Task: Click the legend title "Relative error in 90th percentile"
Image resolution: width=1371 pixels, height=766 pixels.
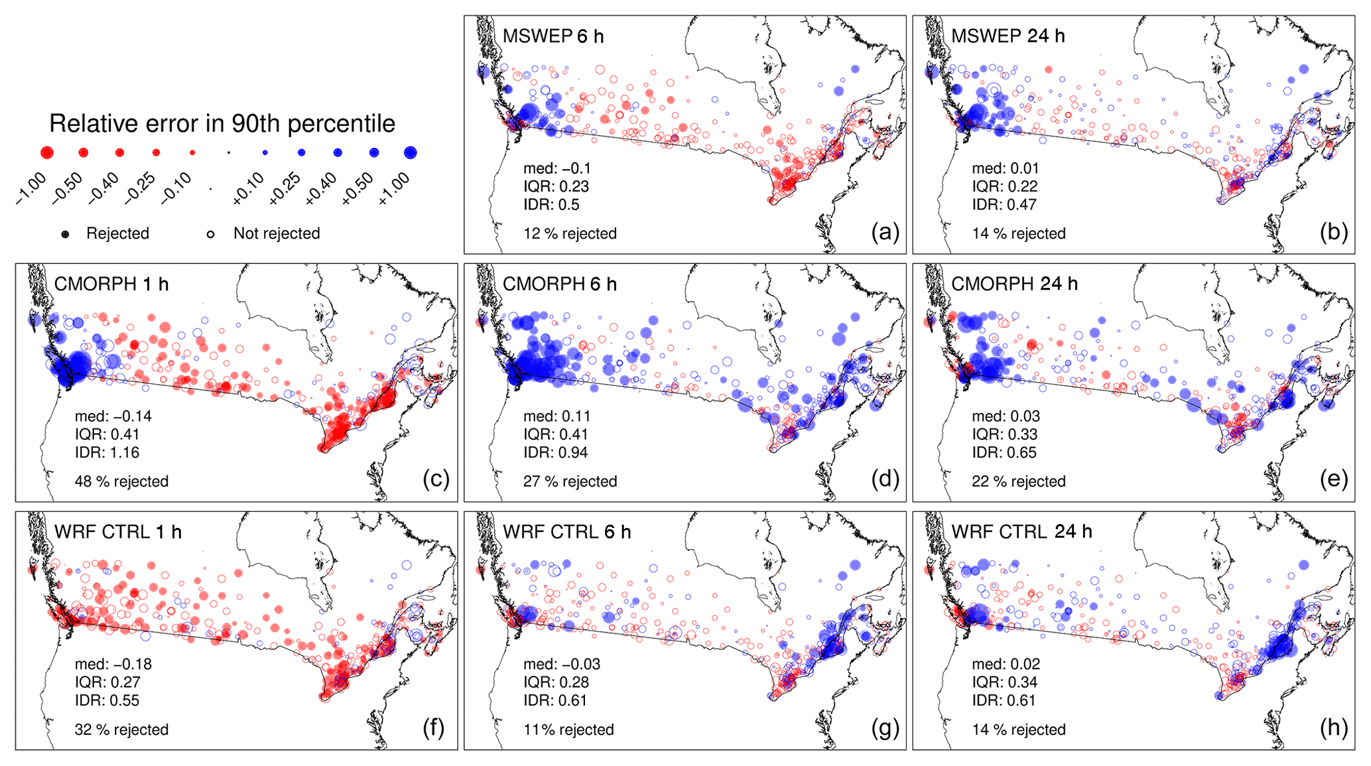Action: point(222,124)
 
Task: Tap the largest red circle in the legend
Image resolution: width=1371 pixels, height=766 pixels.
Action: point(46,153)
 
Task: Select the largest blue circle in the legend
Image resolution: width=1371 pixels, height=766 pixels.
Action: point(410,153)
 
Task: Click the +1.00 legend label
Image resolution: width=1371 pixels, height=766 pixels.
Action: point(394,189)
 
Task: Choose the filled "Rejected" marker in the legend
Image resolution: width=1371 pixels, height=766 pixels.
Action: point(65,234)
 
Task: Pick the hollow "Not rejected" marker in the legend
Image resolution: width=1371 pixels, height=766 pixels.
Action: point(210,234)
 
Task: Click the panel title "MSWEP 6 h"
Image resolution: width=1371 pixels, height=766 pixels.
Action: point(553,36)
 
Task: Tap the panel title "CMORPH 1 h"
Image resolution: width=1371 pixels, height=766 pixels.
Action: point(111,284)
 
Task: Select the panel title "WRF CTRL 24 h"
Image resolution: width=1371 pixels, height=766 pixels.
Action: point(1021,531)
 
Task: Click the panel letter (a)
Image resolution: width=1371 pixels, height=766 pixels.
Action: point(885,231)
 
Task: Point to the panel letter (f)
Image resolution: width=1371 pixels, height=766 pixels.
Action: point(434,728)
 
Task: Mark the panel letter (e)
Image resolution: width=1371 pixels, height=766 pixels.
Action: point(1334,479)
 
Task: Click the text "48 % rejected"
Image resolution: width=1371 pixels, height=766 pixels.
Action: point(121,481)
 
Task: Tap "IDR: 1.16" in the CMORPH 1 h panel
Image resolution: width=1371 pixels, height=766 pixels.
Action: point(107,453)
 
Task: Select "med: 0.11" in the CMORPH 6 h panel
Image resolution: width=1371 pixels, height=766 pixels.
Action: point(556,416)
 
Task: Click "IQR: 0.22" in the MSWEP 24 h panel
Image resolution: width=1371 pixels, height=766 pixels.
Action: point(1004,187)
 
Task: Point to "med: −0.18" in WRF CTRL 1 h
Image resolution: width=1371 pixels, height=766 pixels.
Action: point(113,665)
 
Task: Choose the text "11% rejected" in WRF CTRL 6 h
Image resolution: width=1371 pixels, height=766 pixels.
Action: point(568,730)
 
